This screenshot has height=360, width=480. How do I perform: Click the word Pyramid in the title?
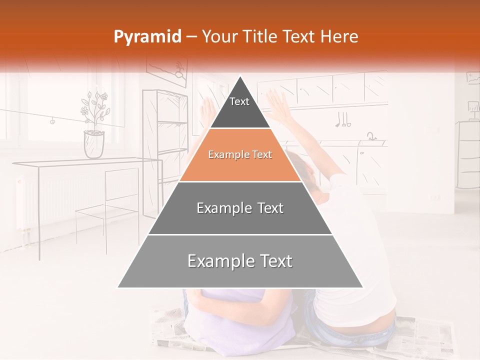click(x=147, y=37)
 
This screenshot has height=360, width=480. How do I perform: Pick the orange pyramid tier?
click(x=240, y=155)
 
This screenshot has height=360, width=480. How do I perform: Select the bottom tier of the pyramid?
click(x=240, y=261)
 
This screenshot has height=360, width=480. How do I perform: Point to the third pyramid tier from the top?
click(x=240, y=208)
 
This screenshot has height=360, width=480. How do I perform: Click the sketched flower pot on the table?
click(x=94, y=143)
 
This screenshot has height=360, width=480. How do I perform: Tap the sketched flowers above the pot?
click(x=95, y=107)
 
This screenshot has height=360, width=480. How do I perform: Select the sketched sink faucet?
click(x=371, y=136)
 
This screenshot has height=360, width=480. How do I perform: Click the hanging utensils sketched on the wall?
click(x=343, y=119)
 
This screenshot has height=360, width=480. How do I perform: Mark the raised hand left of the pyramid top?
click(x=206, y=107)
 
